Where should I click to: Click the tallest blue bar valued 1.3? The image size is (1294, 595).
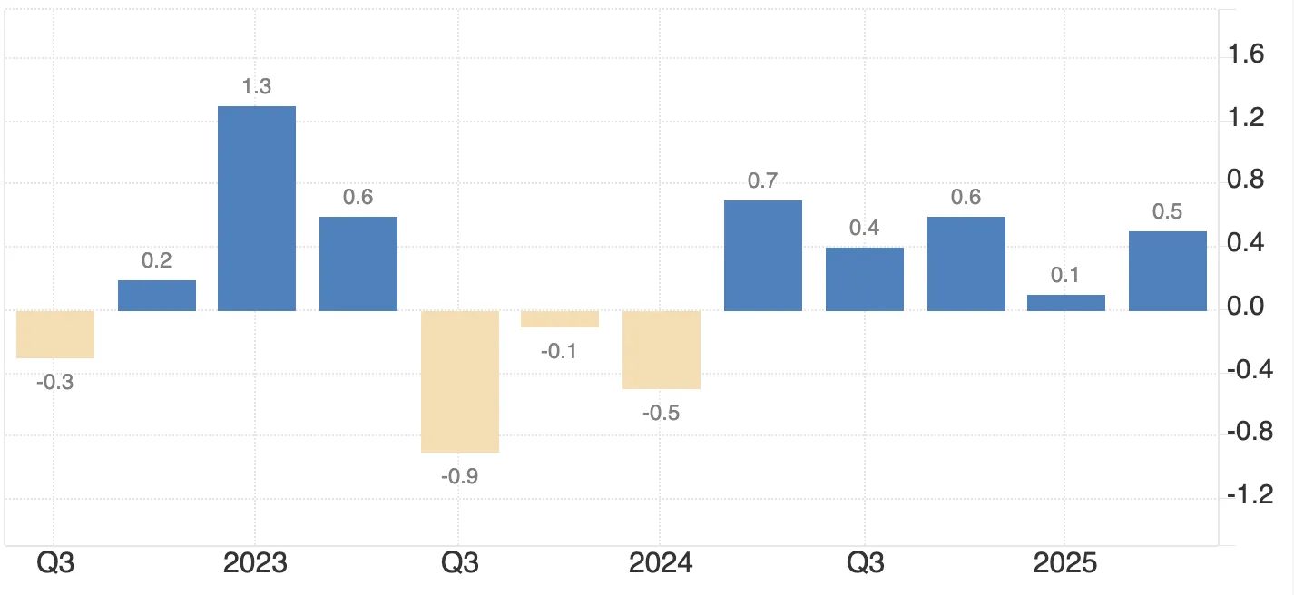pyautogui.click(x=256, y=209)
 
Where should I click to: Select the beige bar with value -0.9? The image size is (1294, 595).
pyautogui.click(x=459, y=381)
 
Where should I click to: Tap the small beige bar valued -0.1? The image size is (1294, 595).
pyautogui.click(x=560, y=319)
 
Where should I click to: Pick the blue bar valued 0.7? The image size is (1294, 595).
pyautogui.click(x=763, y=256)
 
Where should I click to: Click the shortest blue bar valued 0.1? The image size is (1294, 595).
pyautogui.click(x=1066, y=303)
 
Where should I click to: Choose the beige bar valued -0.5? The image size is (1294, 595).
pyautogui.click(x=662, y=350)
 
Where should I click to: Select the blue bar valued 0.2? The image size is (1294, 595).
pyautogui.click(x=157, y=296)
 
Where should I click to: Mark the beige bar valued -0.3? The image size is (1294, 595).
pyautogui.click(x=55, y=335)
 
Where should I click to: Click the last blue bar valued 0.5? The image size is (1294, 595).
pyautogui.click(x=1168, y=271)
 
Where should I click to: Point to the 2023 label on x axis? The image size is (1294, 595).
pyautogui.click(x=255, y=563)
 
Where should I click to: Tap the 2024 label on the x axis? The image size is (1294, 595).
pyautogui.click(x=661, y=563)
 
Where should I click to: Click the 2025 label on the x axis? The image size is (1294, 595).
pyautogui.click(x=1066, y=563)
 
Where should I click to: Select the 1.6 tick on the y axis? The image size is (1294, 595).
pyautogui.click(x=1245, y=55)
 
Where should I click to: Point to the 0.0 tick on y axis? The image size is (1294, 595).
pyautogui.click(x=1245, y=307)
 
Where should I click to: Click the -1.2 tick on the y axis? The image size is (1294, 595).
pyautogui.click(x=1249, y=495)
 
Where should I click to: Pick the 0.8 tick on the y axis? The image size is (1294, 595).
pyautogui.click(x=1245, y=180)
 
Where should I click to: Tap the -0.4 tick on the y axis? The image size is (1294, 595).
pyautogui.click(x=1249, y=370)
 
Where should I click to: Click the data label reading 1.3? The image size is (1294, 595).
pyautogui.click(x=257, y=87)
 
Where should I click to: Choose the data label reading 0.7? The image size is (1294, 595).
pyautogui.click(x=763, y=180)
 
